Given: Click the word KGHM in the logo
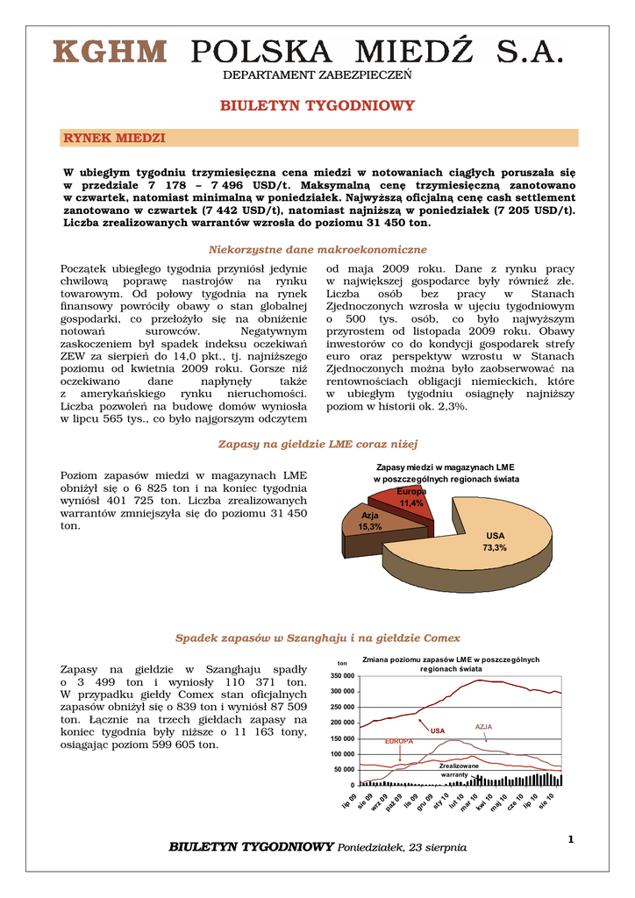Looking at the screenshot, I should point(110,53).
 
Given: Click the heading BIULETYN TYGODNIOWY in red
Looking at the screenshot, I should point(317,106).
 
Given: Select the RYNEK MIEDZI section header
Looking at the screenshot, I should point(115,139).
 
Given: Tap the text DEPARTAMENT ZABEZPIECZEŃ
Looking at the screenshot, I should point(317,75).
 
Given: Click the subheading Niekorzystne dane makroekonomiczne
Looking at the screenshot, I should point(317,250).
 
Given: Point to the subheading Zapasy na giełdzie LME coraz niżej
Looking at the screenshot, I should point(317,444).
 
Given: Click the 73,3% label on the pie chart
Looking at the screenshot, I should point(496,547).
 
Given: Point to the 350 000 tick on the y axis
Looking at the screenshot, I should point(343,676).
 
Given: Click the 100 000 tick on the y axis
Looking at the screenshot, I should point(343,754).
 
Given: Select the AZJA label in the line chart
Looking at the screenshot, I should point(484,727).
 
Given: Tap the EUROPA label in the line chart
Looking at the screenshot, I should point(399,741).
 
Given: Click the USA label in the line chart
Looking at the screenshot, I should point(438,731).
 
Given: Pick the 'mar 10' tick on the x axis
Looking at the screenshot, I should point(466,801).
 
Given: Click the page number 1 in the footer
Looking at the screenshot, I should point(570,840).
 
